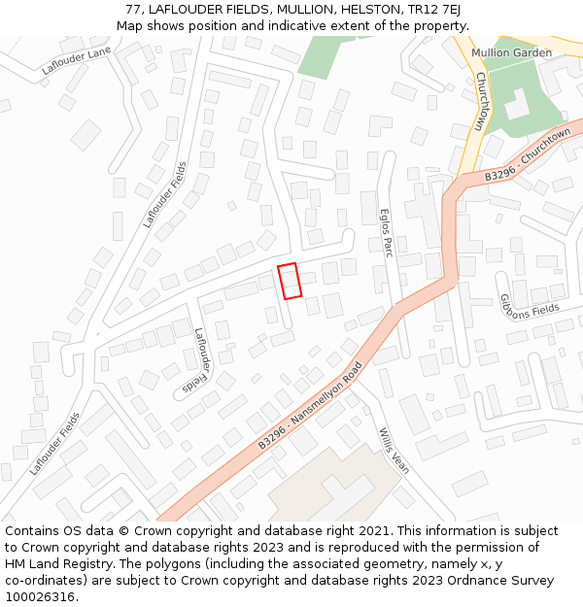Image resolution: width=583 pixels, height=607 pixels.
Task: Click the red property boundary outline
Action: click(x=289, y=281)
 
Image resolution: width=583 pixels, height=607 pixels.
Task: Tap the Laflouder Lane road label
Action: click(x=77, y=61)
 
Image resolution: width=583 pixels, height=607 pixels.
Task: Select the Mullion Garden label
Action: click(x=511, y=52)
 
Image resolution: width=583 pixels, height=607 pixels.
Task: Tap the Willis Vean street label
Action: click(x=394, y=451)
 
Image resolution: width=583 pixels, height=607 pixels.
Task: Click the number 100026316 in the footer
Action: click(x=41, y=596)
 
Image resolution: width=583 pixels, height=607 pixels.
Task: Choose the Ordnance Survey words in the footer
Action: click(x=500, y=580)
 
